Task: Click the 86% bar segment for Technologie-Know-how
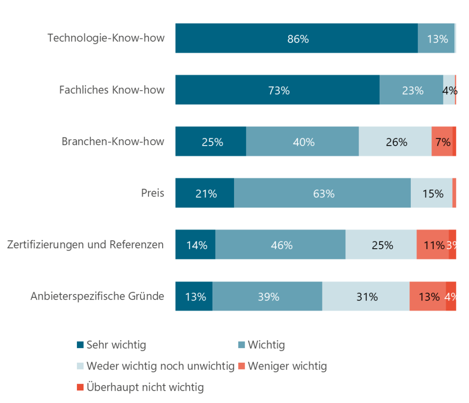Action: (296, 38)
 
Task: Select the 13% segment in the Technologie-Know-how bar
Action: (436, 38)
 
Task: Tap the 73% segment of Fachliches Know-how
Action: (278, 90)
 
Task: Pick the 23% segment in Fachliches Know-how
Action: (411, 90)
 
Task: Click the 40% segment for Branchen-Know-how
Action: (302, 142)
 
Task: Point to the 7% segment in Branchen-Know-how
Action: (442, 142)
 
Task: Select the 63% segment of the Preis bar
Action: (322, 193)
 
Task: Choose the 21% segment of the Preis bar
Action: (205, 193)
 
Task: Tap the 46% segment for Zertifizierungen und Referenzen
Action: (280, 245)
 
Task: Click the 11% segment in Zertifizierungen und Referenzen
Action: (432, 245)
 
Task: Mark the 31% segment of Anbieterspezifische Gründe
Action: (366, 296)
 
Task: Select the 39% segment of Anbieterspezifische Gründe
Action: (267, 296)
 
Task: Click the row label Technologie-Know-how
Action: (106, 38)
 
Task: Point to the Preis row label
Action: (153, 193)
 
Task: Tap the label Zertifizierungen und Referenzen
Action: (86, 245)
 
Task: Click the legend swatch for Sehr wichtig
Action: (80, 345)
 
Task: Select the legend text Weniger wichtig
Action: (287, 366)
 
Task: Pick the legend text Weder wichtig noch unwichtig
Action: (160, 366)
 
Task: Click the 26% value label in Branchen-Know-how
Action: (396, 142)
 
